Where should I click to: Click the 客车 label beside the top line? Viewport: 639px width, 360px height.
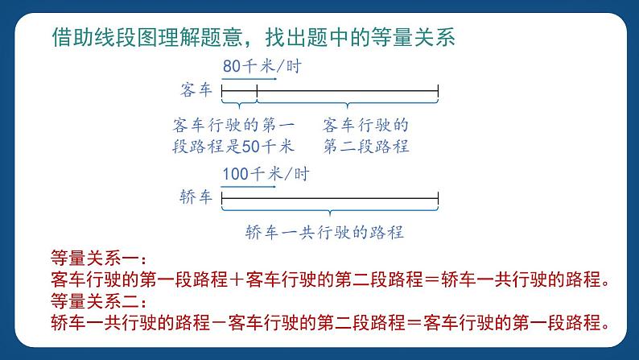click(196, 90)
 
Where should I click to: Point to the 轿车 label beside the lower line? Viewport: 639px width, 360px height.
click(196, 197)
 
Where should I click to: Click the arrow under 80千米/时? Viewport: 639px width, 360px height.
click(249, 79)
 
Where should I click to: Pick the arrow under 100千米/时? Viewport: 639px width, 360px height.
click(249, 186)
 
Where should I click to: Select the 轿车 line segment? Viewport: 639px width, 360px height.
click(330, 198)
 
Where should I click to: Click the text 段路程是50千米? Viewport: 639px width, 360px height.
click(233, 147)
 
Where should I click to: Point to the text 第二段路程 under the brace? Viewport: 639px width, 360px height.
click(366, 147)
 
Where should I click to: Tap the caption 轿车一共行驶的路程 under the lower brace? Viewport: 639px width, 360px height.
click(324, 234)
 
